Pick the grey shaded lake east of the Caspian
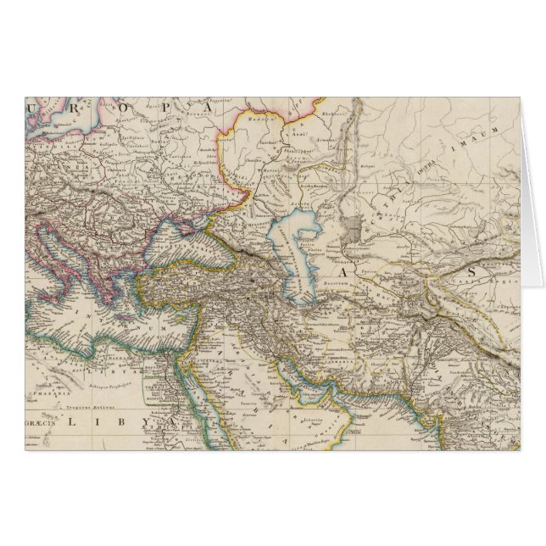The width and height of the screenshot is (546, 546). coord(355,228)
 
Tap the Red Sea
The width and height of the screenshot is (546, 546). coord(193,407)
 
